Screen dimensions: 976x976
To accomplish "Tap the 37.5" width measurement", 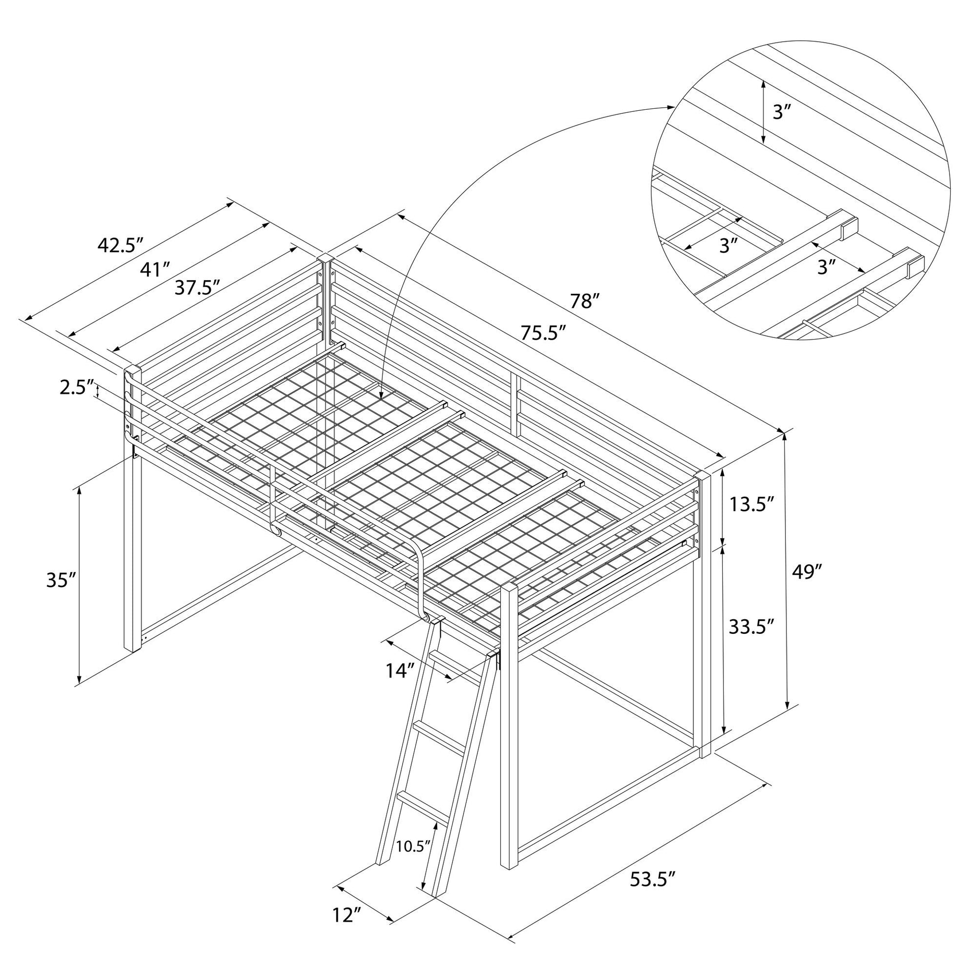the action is coord(197,288).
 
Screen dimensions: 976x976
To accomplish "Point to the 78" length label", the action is coord(582,301).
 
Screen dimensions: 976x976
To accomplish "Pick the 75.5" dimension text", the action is coord(543,333).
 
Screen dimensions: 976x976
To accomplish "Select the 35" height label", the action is coord(61,580).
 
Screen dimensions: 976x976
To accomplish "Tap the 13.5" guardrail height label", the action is coord(752,505).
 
